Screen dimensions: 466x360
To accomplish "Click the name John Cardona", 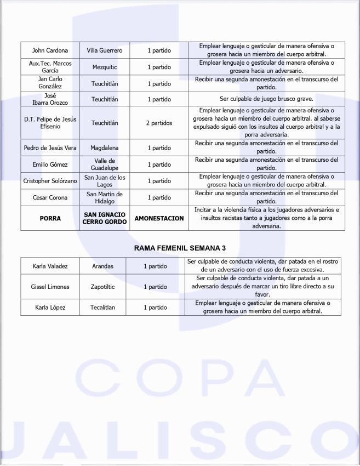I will pyautogui.click(x=50, y=51).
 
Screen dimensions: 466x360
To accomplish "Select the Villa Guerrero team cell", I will pyautogui.click(x=105, y=51).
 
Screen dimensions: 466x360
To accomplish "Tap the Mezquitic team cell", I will pyautogui.click(x=105, y=67).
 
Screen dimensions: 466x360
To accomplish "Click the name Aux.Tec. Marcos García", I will pyautogui.click(x=50, y=67).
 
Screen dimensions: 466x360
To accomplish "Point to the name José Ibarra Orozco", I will pyautogui.click(x=50, y=99).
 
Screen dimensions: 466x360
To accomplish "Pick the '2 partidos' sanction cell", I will pyautogui.click(x=159, y=123).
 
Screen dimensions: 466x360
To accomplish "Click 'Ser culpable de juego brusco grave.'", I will pyautogui.click(x=266, y=99).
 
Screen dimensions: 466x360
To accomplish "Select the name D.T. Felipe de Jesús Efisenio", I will pyautogui.click(x=50, y=123).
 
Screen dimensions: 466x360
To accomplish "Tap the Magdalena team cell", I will pyautogui.click(x=105, y=148).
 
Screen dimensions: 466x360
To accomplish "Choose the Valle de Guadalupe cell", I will pyautogui.click(x=105, y=164).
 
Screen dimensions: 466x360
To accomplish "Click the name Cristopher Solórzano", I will pyautogui.click(x=50, y=181).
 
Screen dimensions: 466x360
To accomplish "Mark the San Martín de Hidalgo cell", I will pyautogui.click(x=105, y=197).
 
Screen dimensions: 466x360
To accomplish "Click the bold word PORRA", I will pyautogui.click(x=50, y=218).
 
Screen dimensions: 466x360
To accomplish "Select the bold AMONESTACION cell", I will pyautogui.click(x=159, y=218).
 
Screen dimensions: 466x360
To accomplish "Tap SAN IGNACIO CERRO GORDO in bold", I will pyautogui.click(x=105, y=218).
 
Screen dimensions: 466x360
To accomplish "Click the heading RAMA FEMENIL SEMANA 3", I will pyautogui.click(x=180, y=248).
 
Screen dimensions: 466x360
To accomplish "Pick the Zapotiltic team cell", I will pyautogui.click(x=101, y=287).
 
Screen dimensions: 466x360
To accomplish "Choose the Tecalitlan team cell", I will pyautogui.click(x=101, y=308).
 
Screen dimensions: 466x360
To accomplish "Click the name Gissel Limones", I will pyautogui.click(x=50, y=287).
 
